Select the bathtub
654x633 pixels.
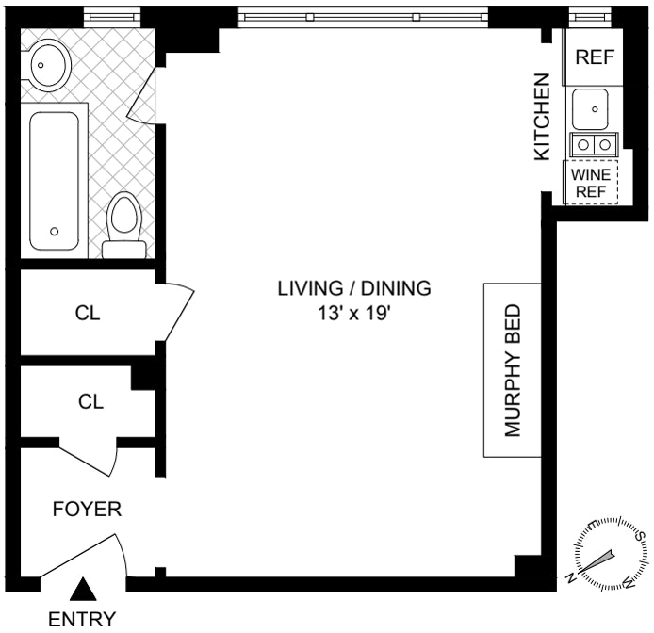click(54, 180)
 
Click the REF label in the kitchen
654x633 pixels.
click(594, 57)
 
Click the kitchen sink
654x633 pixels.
click(594, 107)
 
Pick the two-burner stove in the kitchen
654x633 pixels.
click(594, 144)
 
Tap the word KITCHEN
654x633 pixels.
click(542, 118)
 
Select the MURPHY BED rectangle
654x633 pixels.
click(512, 370)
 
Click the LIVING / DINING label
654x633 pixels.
click(353, 288)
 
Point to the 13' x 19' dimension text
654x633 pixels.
click(353, 314)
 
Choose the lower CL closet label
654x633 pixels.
click(90, 402)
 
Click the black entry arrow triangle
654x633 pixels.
click(84, 590)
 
